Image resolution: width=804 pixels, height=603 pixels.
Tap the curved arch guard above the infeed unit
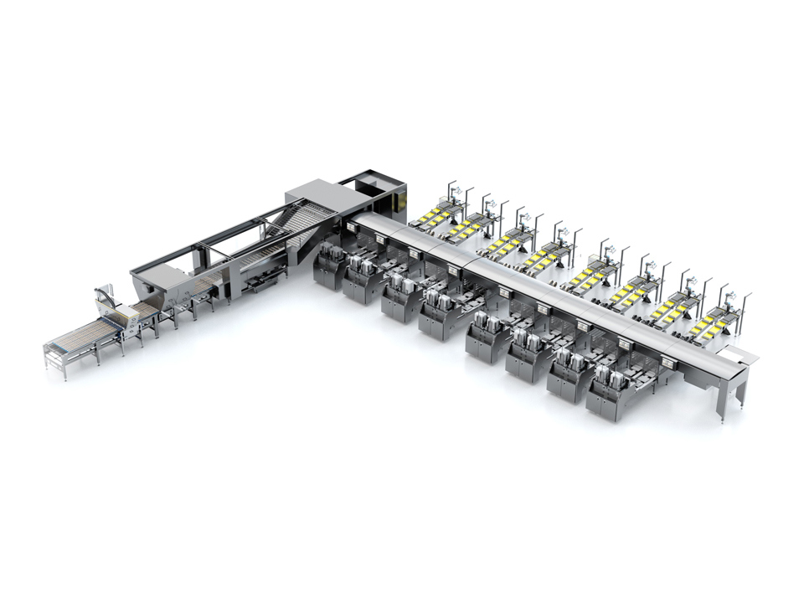104,295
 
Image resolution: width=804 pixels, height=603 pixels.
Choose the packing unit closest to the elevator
331,266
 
